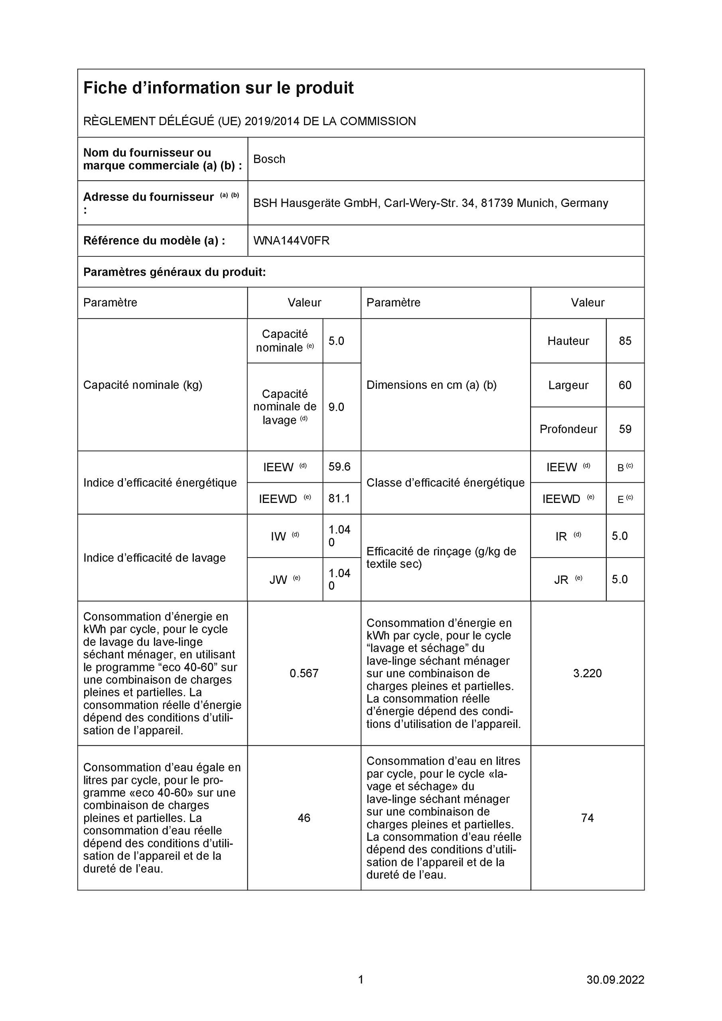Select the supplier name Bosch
pyautogui.click(x=269, y=159)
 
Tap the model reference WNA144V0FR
pyautogui.click(x=291, y=240)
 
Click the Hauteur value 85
pyautogui.click(x=625, y=341)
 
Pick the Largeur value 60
pyautogui.click(x=625, y=385)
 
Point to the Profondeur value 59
pyautogui.click(x=625, y=429)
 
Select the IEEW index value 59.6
pyautogui.click(x=339, y=467)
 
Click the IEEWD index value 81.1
pyautogui.click(x=339, y=499)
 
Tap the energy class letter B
pyautogui.click(x=621, y=468)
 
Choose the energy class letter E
pyautogui.click(x=621, y=499)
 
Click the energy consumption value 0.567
pyautogui.click(x=304, y=673)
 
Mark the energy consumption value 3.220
pyautogui.click(x=587, y=673)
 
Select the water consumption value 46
pyautogui.click(x=304, y=818)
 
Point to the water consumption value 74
pyautogui.click(x=587, y=818)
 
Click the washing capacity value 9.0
pyautogui.click(x=336, y=407)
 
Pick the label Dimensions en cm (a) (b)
pyautogui.click(x=431, y=385)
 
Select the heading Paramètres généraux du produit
pyautogui.click(x=174, y=272)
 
